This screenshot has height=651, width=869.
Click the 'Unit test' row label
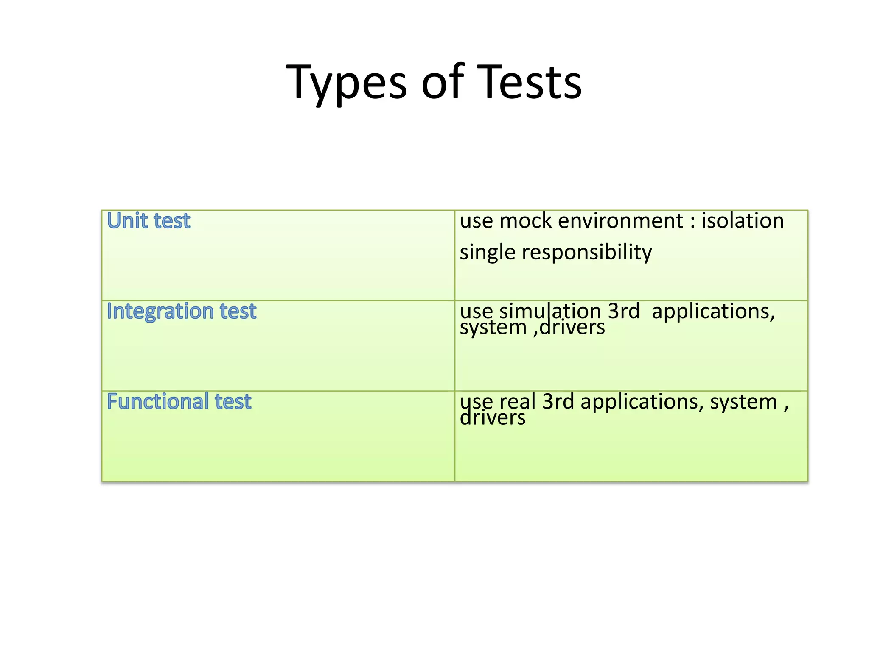pyautogui.click(x=149, y=221)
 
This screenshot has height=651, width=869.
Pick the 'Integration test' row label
pyautogui.click(x=182, y=311)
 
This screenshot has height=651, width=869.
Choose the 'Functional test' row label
pyautogui.click(x=179, y=401)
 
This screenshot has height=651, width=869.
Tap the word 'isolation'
pyautogui.click(x=742, y=221)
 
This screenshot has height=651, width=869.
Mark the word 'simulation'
pyautogui.click(x=550, y=311)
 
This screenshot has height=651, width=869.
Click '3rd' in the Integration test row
pyautogui.click(x=624, y=311)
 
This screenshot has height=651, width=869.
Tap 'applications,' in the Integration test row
pyautogui.click(x=713, y=311)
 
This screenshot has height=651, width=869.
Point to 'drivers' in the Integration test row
pyautogui.click(x=572, y=328)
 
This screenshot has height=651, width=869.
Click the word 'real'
pyautogui.click(x=517, y=401)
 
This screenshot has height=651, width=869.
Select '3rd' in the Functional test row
pyautogui.click(x=558, y=401)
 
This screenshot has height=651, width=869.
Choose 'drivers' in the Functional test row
pyautogui.click(x=493, y=418)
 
